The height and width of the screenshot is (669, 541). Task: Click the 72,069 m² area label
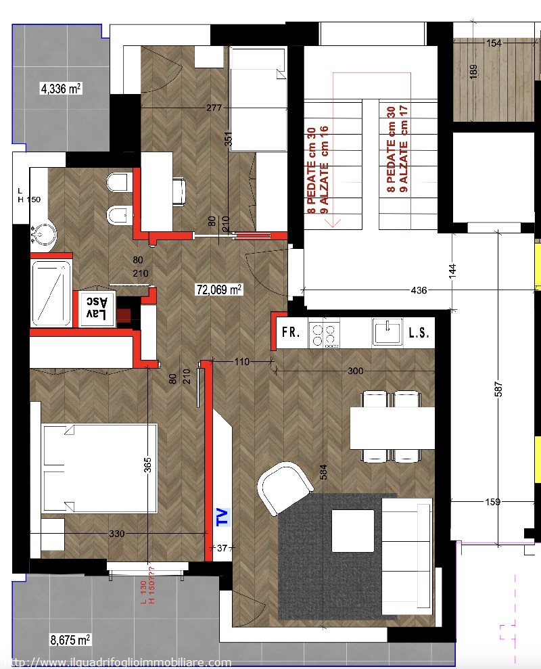219,290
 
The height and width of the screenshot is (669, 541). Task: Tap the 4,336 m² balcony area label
61,89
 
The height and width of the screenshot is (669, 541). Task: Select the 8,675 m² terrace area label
70,639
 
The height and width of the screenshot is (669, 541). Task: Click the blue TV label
222,517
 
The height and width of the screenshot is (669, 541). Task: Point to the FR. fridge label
291,332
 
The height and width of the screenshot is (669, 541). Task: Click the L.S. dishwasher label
419,333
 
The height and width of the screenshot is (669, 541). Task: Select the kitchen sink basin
387,332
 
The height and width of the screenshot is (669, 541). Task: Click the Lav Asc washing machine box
97,308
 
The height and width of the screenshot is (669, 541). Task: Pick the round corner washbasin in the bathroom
43,234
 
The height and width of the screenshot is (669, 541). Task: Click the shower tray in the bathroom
51,293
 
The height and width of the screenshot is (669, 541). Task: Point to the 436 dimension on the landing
419,290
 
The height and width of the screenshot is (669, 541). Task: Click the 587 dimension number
498,390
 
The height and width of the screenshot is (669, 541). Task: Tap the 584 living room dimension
323,472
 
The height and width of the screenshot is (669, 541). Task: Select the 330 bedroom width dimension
117,534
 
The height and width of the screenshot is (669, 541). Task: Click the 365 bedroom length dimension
147,465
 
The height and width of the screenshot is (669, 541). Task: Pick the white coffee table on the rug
353,531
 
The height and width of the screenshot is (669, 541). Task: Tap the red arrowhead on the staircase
333,223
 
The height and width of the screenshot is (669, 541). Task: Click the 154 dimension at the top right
494,43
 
